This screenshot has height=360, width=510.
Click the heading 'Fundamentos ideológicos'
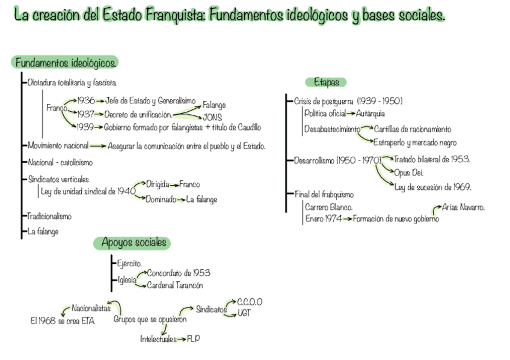tap(65, 63)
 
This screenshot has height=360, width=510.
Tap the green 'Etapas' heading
tap(326, 82)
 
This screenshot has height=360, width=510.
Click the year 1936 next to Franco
tap(87, 100)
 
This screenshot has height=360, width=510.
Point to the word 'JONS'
tap(213, 117)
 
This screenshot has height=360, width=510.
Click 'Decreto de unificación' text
tap(138, 114)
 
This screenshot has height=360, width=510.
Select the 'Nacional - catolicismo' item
tap(60, 162)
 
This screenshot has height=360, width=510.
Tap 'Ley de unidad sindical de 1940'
tap(87, 191)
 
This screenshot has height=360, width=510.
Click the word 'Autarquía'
tap(370, 113)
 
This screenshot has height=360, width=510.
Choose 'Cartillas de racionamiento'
tap(413, 129)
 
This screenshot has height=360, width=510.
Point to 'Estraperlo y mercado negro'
tap(415, 143)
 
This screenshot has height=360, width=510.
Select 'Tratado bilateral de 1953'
tap(432, 159)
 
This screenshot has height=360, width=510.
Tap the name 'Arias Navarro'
tap(463, 207)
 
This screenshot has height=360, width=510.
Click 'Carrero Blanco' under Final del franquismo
tap(329, 207)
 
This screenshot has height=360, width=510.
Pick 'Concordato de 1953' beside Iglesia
tap(179, 273)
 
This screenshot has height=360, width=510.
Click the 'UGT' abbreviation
tap(244, 313)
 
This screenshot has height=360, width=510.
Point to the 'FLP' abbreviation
tap(193, 339)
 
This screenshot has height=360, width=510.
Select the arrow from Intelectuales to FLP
tap(182, 340)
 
